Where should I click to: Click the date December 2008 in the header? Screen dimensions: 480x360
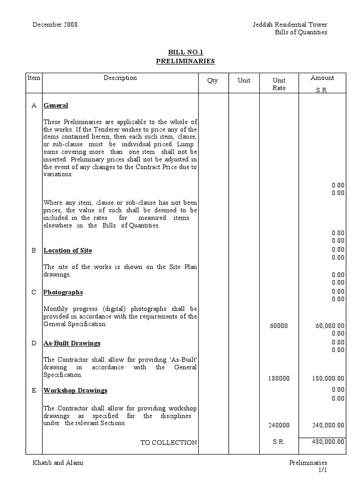(x=55, y=24)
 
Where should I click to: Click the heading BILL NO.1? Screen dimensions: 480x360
(x=185, y=53)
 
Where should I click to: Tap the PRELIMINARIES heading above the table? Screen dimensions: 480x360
(x=185, y=61)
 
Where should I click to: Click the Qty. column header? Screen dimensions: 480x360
(x=213, y=80)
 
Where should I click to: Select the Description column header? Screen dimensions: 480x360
(x=120, y=78)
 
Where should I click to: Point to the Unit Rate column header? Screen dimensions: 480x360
(x=279, y=84)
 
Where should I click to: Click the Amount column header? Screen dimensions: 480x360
(x=322, y=78)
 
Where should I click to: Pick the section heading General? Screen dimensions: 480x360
(x=56, y=105)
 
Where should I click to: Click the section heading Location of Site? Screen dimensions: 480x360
(x=67, y=250)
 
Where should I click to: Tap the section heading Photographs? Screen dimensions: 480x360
(x=63, y=292)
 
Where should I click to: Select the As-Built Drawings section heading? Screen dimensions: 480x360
(x=72, y=343)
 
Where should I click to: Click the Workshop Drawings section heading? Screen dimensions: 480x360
(x=75, y=390)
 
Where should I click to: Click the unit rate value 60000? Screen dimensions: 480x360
(x=279, y=326)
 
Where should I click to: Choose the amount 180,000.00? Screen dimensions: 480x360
(x=328, y=378)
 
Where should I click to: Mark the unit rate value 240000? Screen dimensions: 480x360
(x=279, y=425)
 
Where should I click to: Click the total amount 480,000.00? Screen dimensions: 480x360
(x=328, y=442)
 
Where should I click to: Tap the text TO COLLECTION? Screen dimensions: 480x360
(x=169, y=442)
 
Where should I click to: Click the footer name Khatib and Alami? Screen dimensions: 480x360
(x=58, y=463)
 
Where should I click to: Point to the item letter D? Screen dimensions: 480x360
(x=34, y=343)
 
